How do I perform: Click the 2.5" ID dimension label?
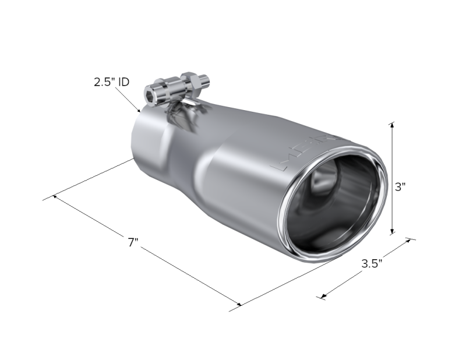coord(111,82)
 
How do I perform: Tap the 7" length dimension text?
coord(133,242)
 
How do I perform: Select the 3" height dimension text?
coord(400,187)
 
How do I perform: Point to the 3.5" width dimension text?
coord(371,263)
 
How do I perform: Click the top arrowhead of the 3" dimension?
coord(392,124)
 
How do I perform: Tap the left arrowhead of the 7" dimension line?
coord(55,197)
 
